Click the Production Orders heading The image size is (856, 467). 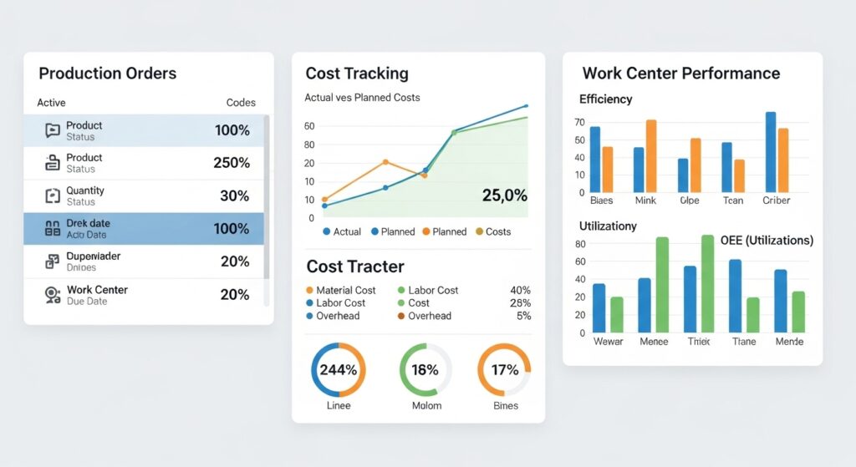(x=107, y=74)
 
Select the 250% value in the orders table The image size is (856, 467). (x=232, y=163)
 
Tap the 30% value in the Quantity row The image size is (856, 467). (x=234, y=195)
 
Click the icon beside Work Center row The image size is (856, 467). (x=53, y=294)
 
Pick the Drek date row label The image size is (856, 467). (x=88, y=224)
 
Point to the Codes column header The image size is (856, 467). (x=241, y=103)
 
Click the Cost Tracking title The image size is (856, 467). (x=357, y=74)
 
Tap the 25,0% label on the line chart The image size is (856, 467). (x=504, y=195)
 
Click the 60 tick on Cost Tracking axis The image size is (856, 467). (x=309, y=126)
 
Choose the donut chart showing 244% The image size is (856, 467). (x=338, y=369)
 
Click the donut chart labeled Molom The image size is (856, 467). (x=425, y=369)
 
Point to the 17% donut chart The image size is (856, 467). (x=504, y=369)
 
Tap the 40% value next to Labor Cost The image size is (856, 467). (x=520, y=290)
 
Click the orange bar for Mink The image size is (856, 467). (x=651, y=156)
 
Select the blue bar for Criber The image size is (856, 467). (x=771, y=152)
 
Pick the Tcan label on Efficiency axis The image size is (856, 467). (x=733, y=201)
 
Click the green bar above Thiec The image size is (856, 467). (x=707, y=285)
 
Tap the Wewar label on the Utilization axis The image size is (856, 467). (x=608, y=342)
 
